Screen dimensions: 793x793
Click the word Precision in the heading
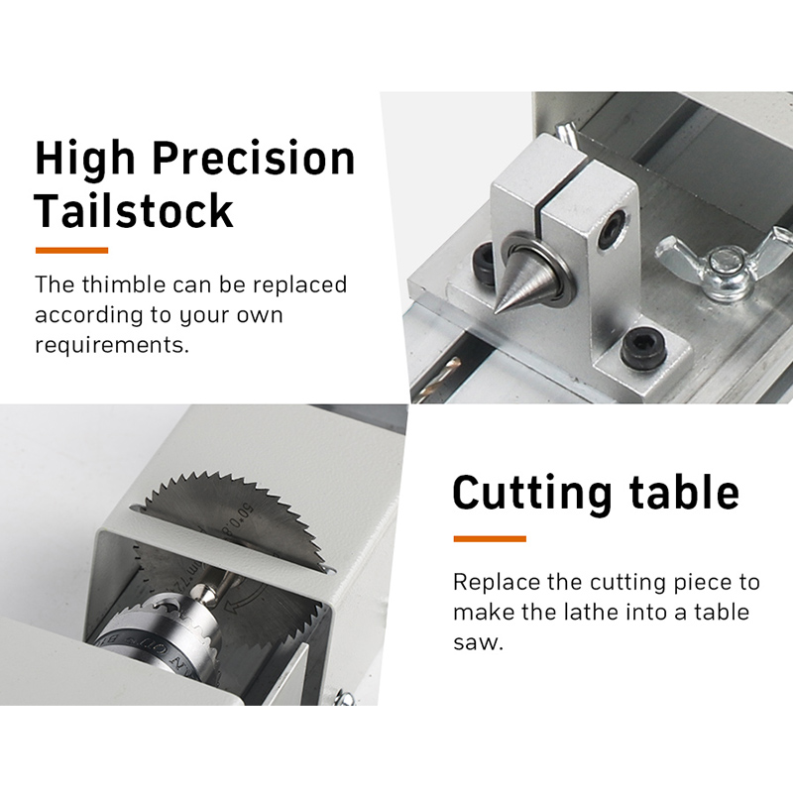click(254, 159)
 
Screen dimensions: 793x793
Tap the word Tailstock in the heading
click(134, 210)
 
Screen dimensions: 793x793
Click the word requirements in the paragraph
click(112, 345)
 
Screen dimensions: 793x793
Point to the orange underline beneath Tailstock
click(71, 251)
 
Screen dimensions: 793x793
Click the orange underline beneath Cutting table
click(490, 538)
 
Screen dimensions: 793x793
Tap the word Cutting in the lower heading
click(532, 494)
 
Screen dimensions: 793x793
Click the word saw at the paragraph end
click(478, 642)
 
